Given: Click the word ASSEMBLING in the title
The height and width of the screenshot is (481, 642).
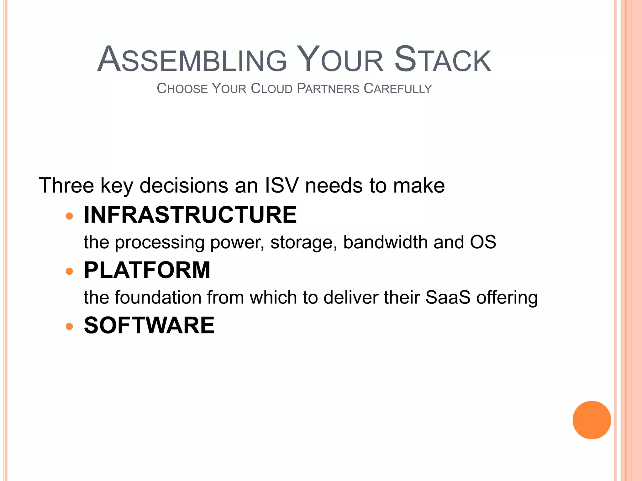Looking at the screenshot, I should click(x=192, y=59).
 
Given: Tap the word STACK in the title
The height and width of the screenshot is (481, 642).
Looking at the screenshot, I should click(x=442, y=59).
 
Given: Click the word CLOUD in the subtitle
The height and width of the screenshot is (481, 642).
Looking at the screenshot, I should click(x=271, y=89).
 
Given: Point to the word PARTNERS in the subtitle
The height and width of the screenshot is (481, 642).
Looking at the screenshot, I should click(x=328, y=89).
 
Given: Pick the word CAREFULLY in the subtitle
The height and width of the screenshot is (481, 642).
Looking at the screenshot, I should click(x=397, y=89).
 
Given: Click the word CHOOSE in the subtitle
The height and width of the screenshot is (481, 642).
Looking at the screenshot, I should click(x=182, y=89).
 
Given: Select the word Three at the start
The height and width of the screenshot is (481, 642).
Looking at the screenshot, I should click(x=66, y=185).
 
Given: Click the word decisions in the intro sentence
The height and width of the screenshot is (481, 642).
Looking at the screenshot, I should click(x=184, y=185).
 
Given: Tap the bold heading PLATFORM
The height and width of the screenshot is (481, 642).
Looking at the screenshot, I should click(x=147, y=270).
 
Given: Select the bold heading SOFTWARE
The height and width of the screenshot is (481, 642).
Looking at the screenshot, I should click(x=149, y=325).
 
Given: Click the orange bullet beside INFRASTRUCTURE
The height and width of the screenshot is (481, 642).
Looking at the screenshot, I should click(x=69, y=216).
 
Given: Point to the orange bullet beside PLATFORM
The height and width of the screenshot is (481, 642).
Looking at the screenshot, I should click(x=69, y=271).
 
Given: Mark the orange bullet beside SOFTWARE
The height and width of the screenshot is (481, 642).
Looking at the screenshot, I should click(x=69, y=327).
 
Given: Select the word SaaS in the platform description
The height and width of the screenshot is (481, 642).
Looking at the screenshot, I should click(x=448, y=297).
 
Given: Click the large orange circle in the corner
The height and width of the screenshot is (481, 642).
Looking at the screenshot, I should click(x=592, y=420).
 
